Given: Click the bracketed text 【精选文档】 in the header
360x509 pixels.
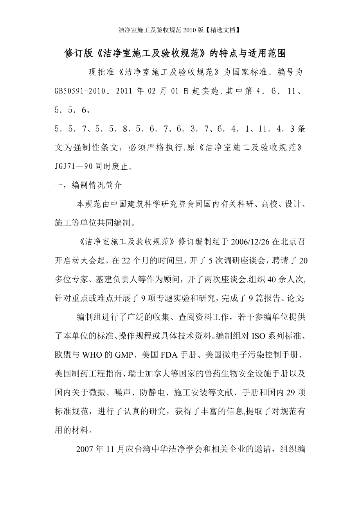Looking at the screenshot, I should tap(225, 29).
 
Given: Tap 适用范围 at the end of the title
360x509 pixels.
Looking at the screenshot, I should tap(274, 54).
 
